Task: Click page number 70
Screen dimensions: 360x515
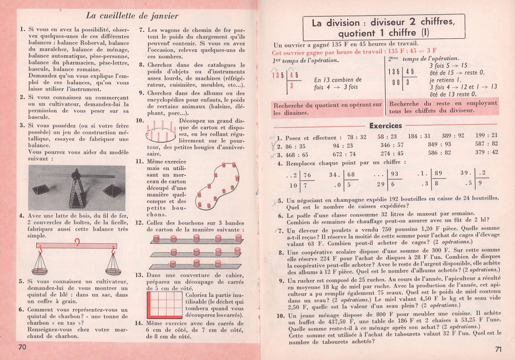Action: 22,347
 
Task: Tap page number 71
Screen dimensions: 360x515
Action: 498,349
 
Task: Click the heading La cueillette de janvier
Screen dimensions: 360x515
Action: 132,16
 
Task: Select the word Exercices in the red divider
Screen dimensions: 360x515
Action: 386,126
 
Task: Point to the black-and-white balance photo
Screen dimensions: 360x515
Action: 77,188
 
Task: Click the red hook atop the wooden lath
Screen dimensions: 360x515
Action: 77,242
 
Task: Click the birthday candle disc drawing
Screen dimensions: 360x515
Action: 161,132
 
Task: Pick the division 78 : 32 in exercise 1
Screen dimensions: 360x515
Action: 357,137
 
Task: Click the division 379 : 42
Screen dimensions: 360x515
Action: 486,152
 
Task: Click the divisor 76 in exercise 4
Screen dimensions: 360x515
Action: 307,175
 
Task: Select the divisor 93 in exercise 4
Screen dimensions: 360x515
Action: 395,174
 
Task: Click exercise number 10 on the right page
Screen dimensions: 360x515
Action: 280,316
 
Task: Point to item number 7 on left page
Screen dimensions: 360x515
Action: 142,30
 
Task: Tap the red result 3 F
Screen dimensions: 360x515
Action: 432,51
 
